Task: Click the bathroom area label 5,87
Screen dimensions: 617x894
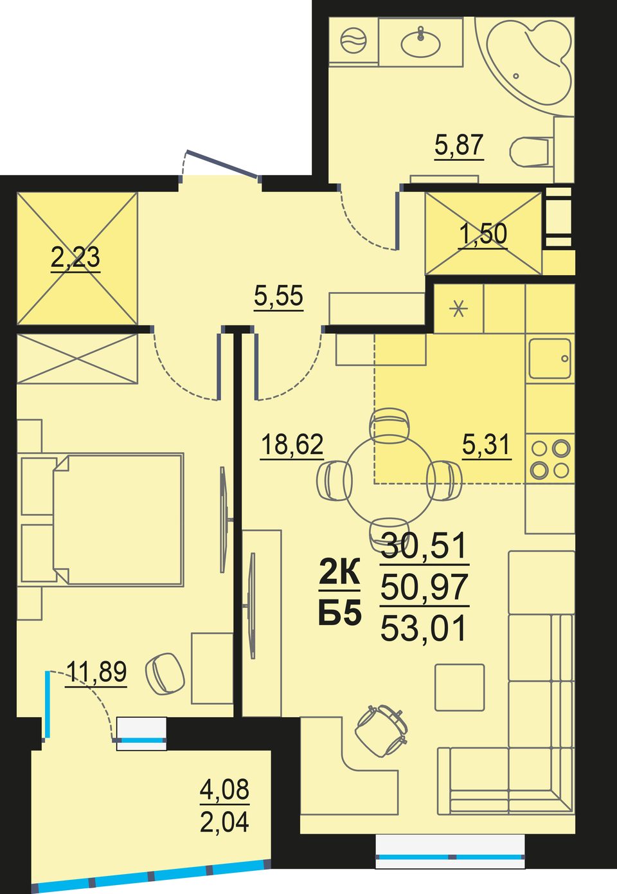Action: click(x=459, y=145)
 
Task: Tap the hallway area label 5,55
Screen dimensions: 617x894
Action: click(x=278, y=296)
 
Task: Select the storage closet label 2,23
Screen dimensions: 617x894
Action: click(x=75, y=257)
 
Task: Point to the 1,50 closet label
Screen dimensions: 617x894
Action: click(x=483, y=234)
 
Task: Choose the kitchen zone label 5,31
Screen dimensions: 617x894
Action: click(x=487, y=444)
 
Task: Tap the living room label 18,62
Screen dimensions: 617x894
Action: click(x=292, y=444)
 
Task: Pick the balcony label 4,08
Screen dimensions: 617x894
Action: click(x=225, y=789)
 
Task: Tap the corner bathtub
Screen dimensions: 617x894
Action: click(x=526, y=64)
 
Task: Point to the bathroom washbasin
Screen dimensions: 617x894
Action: click(x=420, y=42)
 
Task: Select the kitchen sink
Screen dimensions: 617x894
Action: click(x=550, y=359)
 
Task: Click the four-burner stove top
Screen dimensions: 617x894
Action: click(x=550, y=459)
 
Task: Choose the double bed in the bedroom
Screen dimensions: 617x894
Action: click(x=102, y=519)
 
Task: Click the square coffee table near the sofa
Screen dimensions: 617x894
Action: click(x=460, y=688)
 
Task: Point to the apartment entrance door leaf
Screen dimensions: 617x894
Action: click(x=222, y=163)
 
